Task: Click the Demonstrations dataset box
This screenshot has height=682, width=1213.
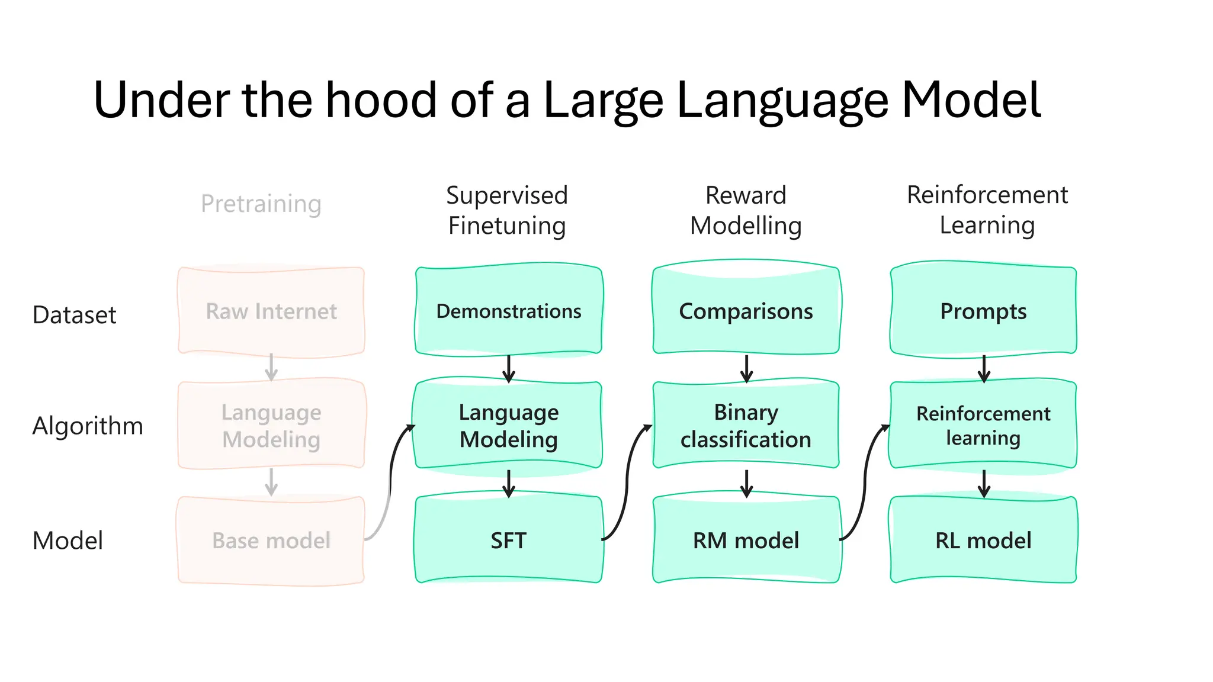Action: pos(509,311)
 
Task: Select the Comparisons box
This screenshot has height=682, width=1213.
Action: pos(746,311)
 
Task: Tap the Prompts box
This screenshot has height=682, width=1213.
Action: pos(983,311)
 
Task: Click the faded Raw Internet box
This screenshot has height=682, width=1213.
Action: pos(271,311)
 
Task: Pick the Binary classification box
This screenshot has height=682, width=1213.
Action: pos(746,426)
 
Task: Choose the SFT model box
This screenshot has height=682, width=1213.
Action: pos(509,540)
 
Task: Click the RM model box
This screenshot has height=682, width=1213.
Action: pos(746,540)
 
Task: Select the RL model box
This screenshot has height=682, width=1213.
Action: pos(983,540)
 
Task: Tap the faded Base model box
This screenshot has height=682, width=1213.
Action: pos(271,540)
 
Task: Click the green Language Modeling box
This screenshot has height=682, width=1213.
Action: pos(509,426)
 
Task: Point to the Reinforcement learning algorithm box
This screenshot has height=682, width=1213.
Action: pos(983,426)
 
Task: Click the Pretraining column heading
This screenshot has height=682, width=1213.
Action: pos(261,204)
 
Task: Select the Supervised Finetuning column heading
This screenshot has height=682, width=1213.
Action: pos(507,210)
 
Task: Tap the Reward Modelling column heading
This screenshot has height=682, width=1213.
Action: pos(746,210)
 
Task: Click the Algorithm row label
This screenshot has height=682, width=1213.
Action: pos(88,426)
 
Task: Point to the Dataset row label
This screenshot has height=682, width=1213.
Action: pos(74,315)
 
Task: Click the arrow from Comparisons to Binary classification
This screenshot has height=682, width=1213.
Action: pos(746,368)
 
